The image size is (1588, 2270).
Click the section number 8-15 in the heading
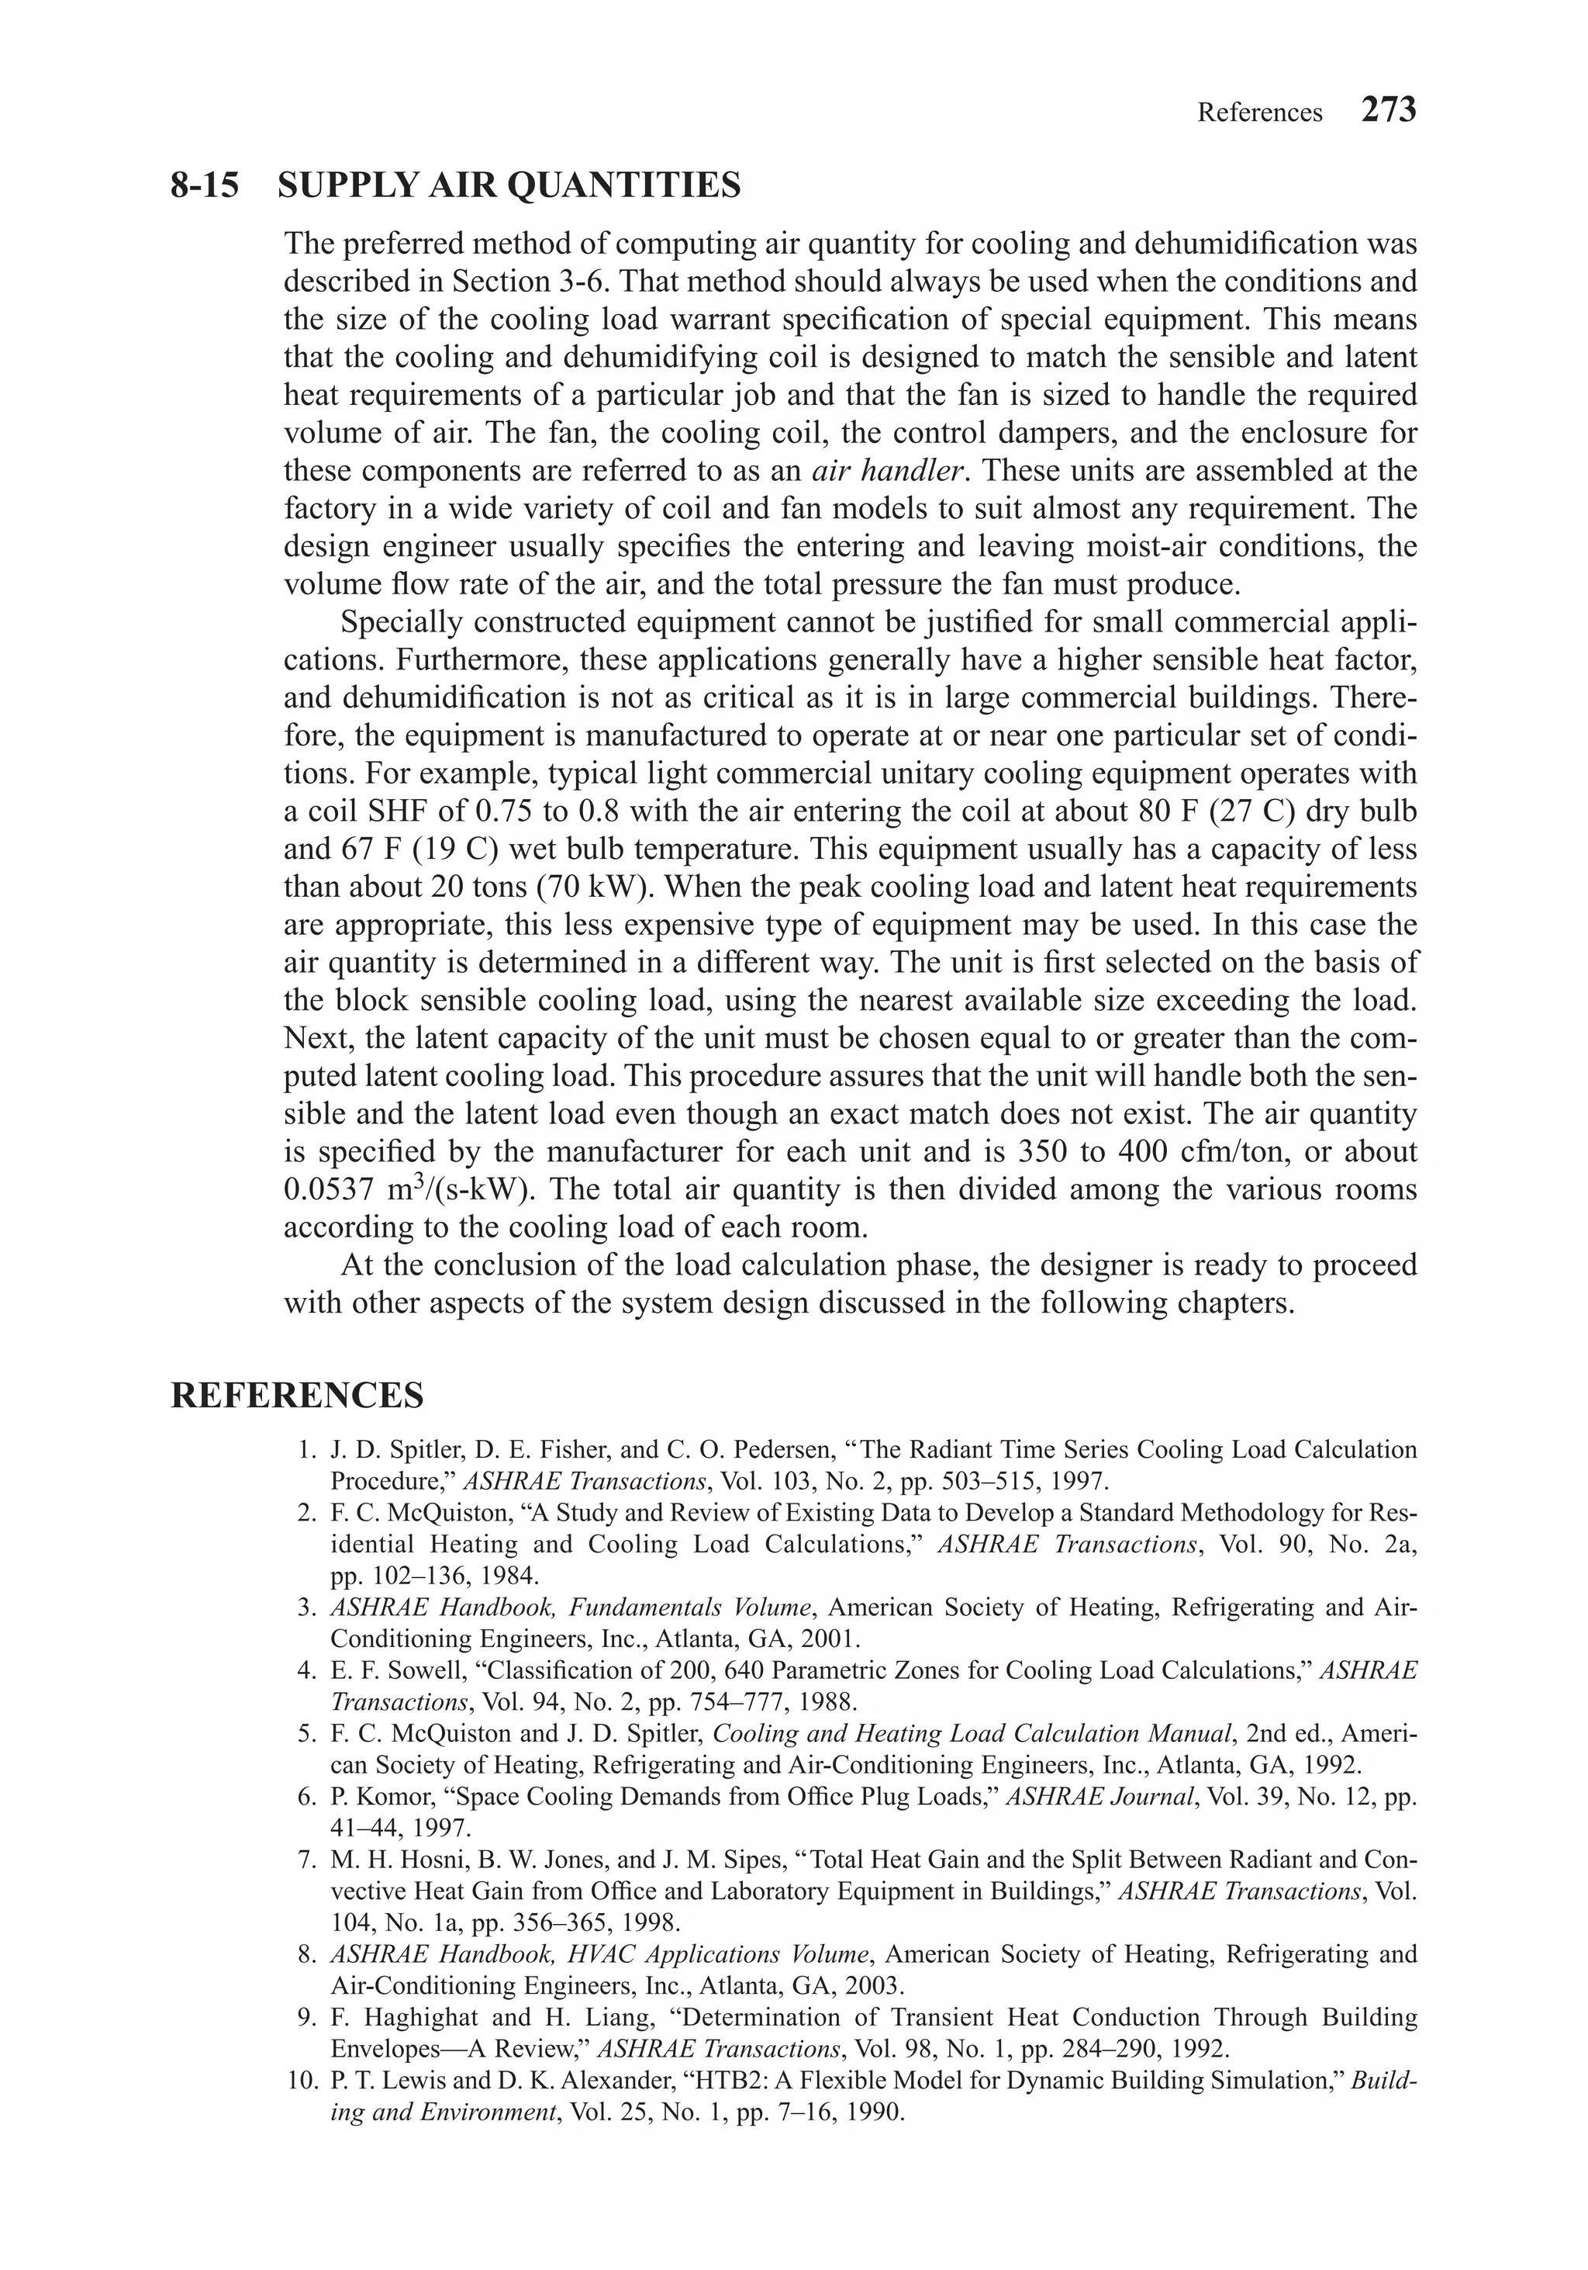(205, 185)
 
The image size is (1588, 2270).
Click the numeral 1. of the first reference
(306, 1451)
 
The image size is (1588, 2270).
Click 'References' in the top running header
(1259, 114)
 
